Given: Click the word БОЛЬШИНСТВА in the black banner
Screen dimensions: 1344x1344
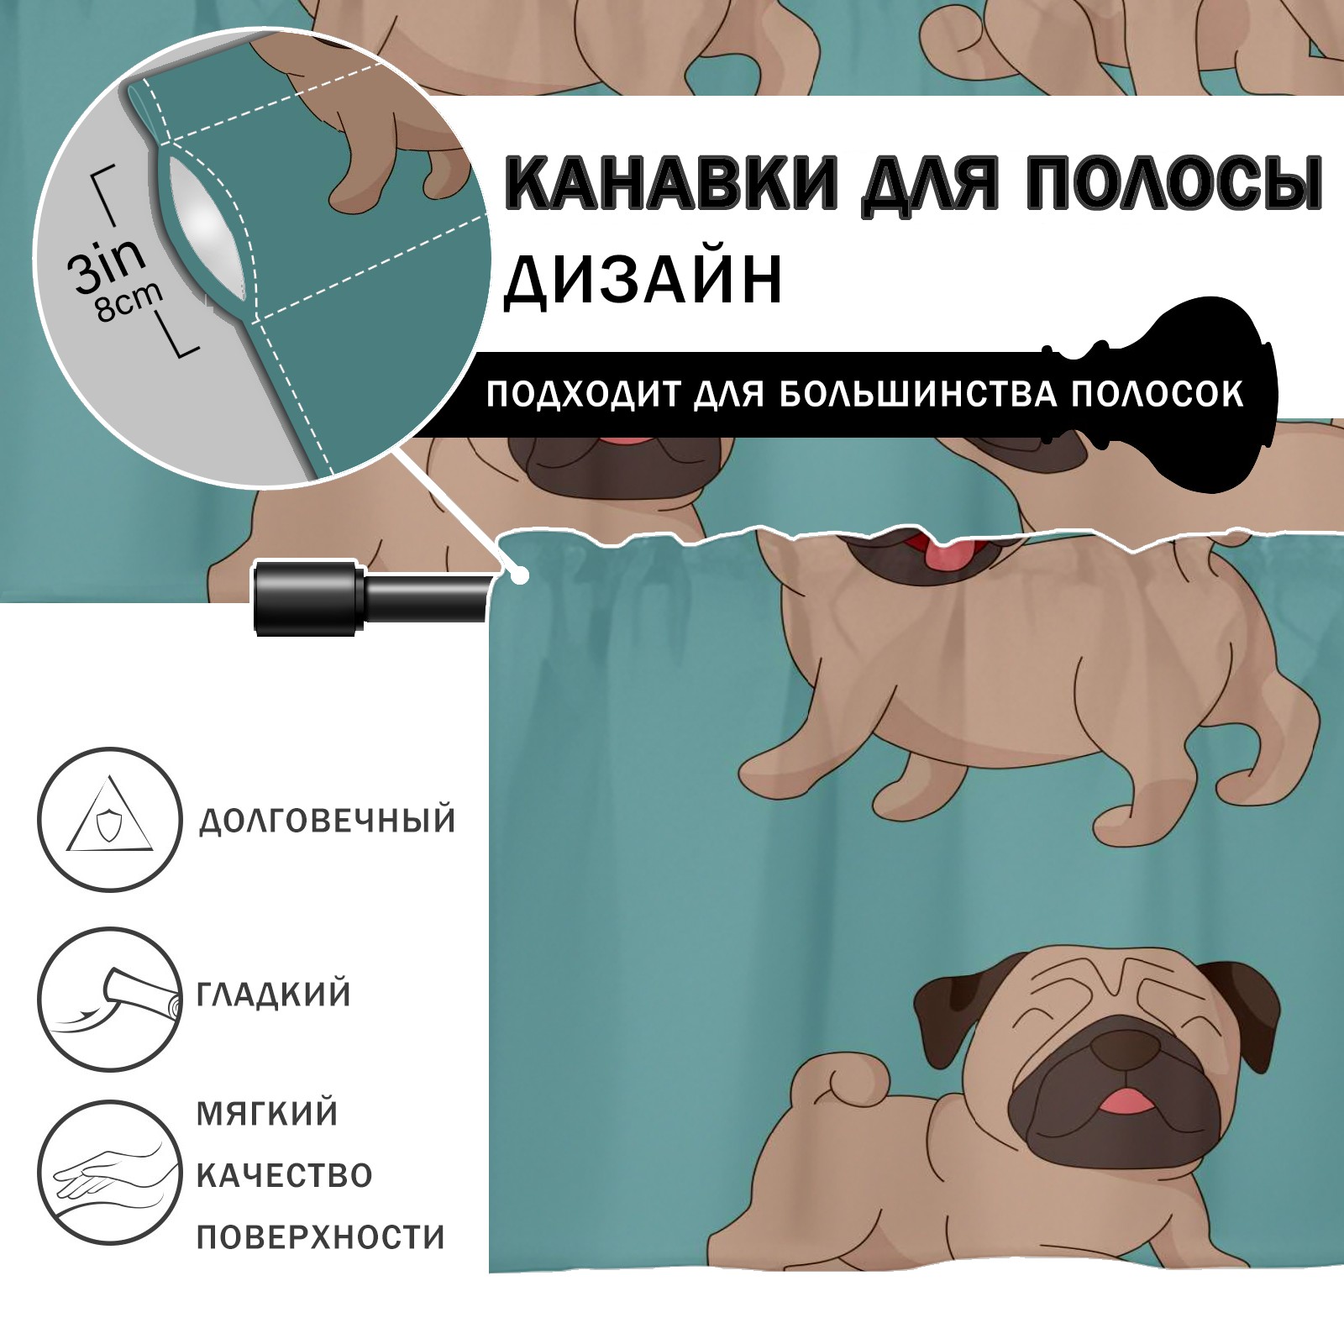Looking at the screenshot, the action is click(x=918, y=394).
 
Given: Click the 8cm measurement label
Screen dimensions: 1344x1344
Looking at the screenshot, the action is click(x=128, y=302).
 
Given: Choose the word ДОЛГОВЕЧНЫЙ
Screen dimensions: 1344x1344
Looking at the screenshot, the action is click(x=328, y=821).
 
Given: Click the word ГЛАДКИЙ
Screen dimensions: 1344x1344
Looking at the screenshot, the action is click(x=274, y=995).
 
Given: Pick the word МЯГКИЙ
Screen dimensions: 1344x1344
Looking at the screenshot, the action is click(x=268, y=1114).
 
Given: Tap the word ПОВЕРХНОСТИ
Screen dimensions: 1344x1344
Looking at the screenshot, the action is click(x=321, y=1236).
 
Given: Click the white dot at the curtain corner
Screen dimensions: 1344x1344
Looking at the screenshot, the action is click(x=522, y=576).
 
